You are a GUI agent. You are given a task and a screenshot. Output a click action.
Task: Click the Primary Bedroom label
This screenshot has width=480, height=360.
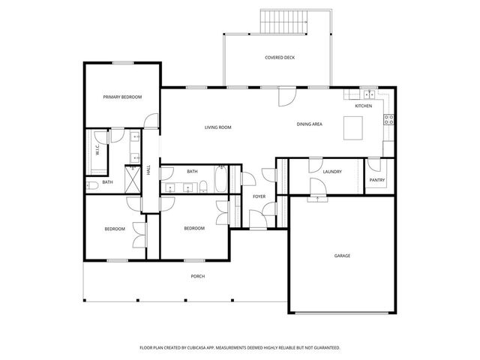(x=122, y=97)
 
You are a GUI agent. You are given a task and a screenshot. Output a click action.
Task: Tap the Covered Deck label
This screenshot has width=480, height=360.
(x=279, y=58)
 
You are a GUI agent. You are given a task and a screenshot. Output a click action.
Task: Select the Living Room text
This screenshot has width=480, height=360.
(x=217, y=127)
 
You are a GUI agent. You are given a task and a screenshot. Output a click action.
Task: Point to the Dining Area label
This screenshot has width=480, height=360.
(x=309, y=124)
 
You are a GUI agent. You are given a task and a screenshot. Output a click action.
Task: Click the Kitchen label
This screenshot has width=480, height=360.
(x=363, y=106)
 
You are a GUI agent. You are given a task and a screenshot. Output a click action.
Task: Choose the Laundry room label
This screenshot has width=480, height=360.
(x=332, y=172)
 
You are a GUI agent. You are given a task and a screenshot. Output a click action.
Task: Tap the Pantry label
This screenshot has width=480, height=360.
(x=376, y=181)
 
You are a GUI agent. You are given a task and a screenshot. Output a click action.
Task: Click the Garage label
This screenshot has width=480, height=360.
(x=342, y=256)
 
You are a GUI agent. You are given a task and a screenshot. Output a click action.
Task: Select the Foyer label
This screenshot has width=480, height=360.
(x=259, y=196)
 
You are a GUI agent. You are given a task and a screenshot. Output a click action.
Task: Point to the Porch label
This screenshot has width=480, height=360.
(x=197, y=276)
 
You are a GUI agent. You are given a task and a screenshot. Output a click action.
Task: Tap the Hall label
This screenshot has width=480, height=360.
(x=148, y=170)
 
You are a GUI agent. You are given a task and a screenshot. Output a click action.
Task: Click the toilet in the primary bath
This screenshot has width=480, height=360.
(x=89, y=184)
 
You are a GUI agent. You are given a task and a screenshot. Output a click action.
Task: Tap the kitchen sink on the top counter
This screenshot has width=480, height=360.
(x=369, y=94)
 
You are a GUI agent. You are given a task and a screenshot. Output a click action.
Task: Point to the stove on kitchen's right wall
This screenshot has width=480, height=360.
(x=389, y=118)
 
